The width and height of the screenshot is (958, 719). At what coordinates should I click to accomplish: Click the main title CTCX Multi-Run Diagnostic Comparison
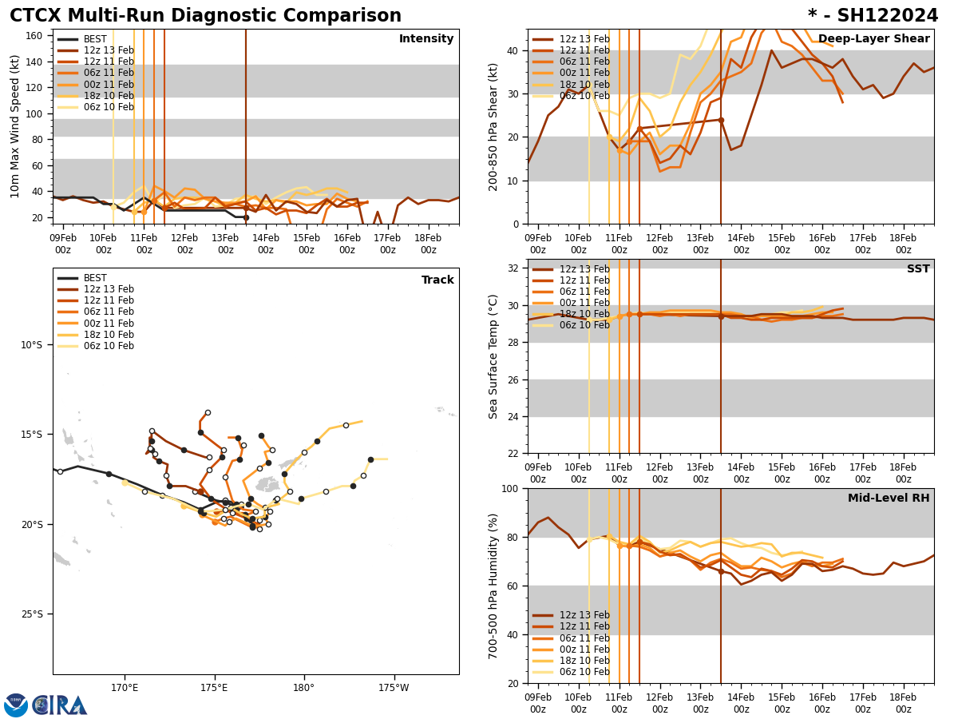pyautogui.click(x=205, y=16)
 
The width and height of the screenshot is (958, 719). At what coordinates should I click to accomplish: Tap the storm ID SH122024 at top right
pyautogui.click(x=873, y=16)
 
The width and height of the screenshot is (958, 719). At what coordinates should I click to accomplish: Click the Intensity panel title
pyautogui.click(x=426, y=39)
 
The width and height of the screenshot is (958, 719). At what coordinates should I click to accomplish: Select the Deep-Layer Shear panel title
pyautogui.click(x=873, y=39)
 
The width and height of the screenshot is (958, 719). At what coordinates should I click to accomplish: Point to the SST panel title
pyautogui.click(x=918, y=269)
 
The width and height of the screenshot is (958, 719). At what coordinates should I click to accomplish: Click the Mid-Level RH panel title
pyautogui.click(x=889, y=499)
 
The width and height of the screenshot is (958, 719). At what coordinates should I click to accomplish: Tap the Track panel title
pyautogui.click(x=437, y=280)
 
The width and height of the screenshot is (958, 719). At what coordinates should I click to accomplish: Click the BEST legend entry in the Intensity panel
pyautogui.click(x=95, y=39)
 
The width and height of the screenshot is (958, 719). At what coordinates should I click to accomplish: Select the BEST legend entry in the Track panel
pyautogui.click(x=95, y=278)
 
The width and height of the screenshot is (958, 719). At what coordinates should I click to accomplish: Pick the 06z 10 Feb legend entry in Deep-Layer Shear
pyautogui.click(x=584, y=96)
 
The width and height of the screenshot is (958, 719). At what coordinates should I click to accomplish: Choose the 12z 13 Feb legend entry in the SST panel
pyautogui.click(x=584, y=269)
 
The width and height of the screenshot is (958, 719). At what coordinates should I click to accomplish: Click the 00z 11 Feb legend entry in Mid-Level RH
pyautogui.click(x=584, y=649)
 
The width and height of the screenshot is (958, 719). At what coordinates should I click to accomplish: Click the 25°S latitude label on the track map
pyautogui.click(x=31, y=614)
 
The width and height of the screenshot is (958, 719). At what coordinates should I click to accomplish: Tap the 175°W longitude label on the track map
pyautogui.click(x=394, y=688)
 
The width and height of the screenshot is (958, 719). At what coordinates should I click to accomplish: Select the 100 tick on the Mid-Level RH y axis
pyautogui.click(x=509, y=489)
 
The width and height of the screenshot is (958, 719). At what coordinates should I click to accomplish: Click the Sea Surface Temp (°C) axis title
pyautogui.click(x=493, y=356)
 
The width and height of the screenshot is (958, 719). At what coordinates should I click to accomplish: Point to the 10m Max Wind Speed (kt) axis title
pyautogui.click(x=15, y=126)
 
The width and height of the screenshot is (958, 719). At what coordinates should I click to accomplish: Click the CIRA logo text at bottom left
pyautogui.click(x=59, y=705)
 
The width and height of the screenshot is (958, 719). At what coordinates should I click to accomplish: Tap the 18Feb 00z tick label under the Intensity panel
pyautogui.click(x=429, y=244)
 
